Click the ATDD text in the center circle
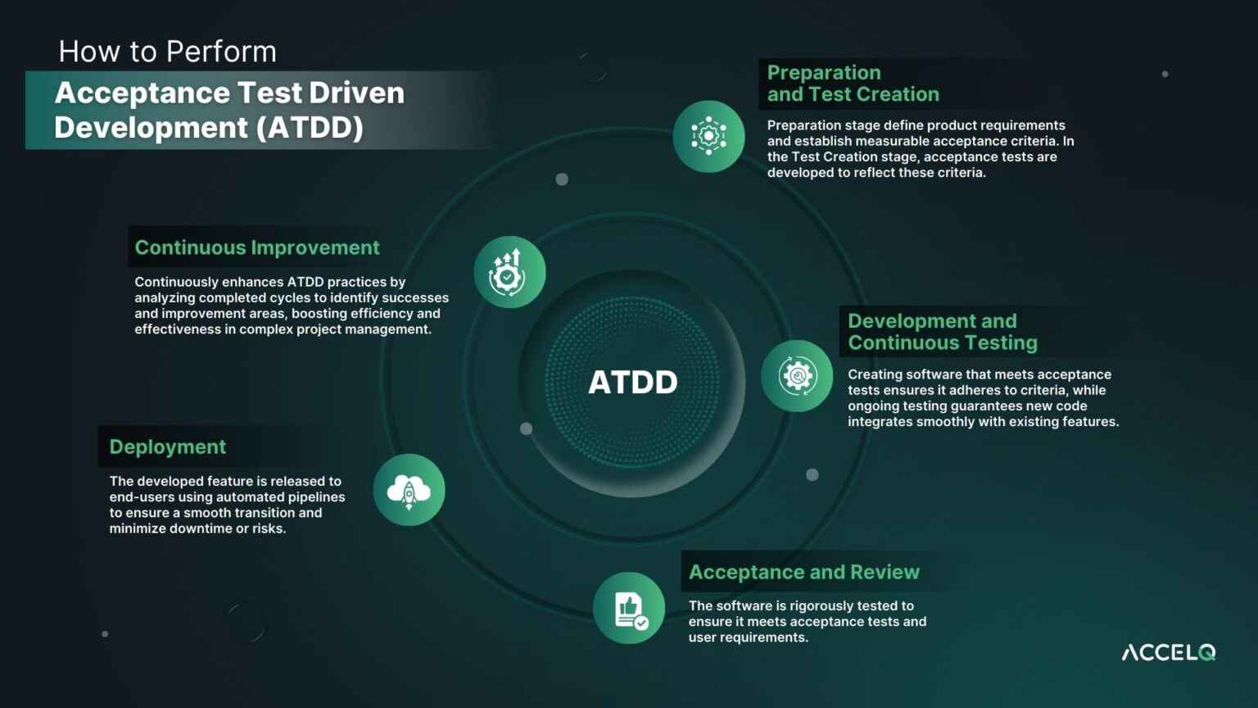[x=632, y=382]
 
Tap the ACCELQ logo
[x=1168, y=652]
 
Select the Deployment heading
[x=167, y=447]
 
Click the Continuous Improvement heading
[x=257, y=247]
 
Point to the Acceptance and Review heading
[x=803, y=572]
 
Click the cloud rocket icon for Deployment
[x=409, y=491]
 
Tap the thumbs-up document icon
[x=629, y=609]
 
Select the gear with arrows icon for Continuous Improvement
[x=509, y=272]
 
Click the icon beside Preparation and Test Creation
[x=708, y=136]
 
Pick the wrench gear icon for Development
[x=797, y=376]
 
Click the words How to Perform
[x=167, y=52]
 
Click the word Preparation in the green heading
[x=824, y=73]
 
